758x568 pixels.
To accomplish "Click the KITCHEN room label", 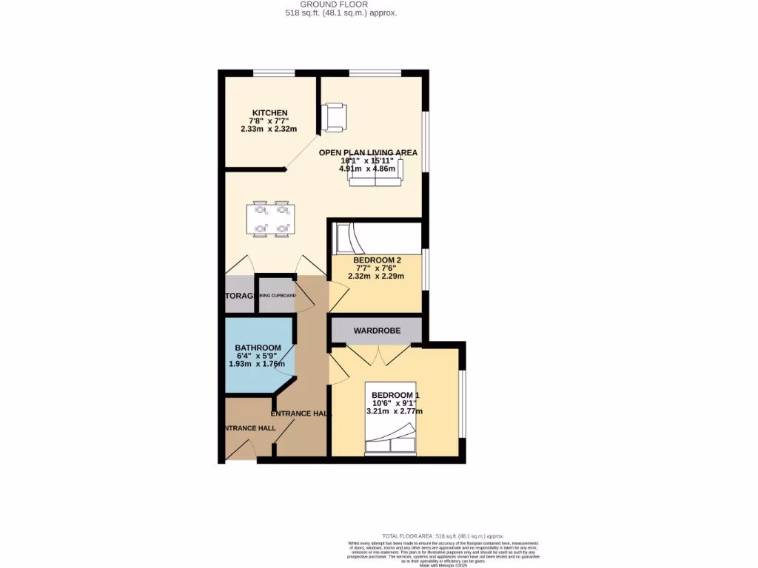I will pos(269,113).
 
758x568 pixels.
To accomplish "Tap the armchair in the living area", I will pos(335,116).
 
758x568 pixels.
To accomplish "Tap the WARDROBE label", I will pos(377,331).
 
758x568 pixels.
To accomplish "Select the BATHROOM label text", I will pos(258,348).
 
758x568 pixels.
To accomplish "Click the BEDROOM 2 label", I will pos(377,260).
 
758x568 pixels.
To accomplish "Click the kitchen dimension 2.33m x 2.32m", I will pos(269,129).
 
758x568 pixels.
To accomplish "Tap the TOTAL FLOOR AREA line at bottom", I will pos(442,535).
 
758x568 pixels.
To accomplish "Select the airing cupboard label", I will pos(277,296).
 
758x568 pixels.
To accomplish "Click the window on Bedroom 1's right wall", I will pos(462,403).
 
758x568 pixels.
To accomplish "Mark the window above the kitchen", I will pos(274,72).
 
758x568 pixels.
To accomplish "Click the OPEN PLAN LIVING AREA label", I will pos(368,153).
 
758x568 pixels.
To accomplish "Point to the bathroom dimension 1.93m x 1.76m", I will pos(257,364).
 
